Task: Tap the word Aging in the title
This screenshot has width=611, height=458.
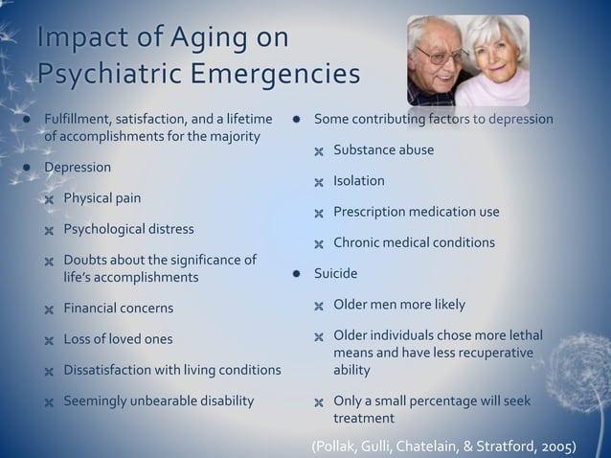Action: pyautogui.click(x=207, y=38)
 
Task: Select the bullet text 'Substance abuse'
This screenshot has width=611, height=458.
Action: pyautogui.click(x=383, y=150)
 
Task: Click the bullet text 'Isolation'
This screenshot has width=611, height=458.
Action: pyautogui.click(x=359, y=181)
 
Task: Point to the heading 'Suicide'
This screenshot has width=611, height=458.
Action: pyautogui.click(x=335, y=274)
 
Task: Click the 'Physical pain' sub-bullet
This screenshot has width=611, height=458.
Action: pyautogui.click(x=102, y=198)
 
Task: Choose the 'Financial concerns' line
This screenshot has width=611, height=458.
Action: pyautogui.click(x=118, y=309)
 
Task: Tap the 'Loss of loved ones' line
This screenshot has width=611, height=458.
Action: pyautogui.click(x=118, y=339)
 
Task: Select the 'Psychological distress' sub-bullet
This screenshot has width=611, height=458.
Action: pyautogui.click(x=128, y=229)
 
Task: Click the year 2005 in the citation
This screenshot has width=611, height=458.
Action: pyautogui.click(x=558, y=447)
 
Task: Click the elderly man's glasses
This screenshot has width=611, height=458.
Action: pyautogui.click(x=441, y=56)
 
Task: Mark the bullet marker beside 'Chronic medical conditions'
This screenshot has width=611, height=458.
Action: pyautogui.click(x=320, y=244)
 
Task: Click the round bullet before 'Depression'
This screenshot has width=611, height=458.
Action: pyautogui.click(x=27, y=168)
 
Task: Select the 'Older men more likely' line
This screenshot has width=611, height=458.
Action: pyautogui.click(x=398, y=305)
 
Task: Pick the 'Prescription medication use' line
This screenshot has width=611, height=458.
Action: pyautogui.click(x=416, y=212)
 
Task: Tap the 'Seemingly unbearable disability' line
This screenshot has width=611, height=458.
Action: pyautogui.click(x=158, y=401)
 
